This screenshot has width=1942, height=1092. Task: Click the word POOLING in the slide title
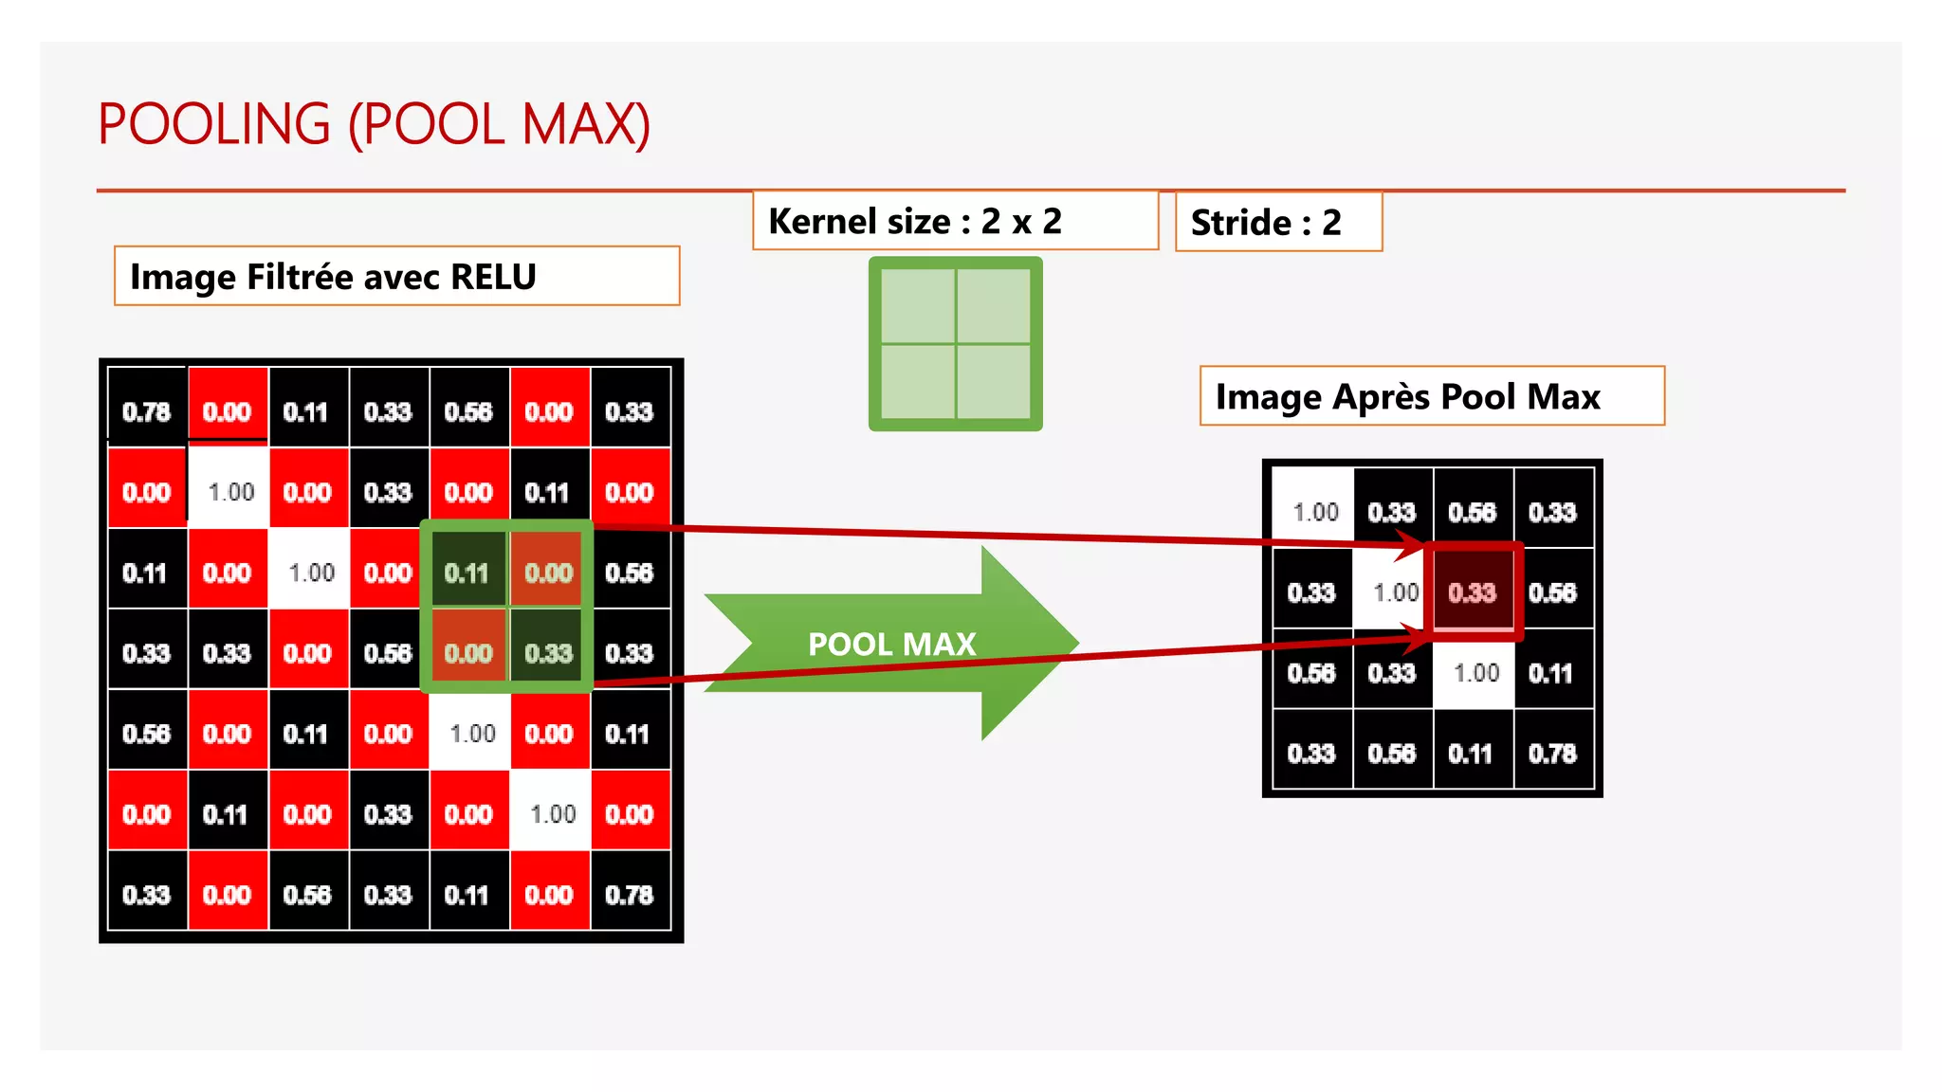[x=214, y=124]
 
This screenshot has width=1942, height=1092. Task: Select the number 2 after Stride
[x=1331, y=223]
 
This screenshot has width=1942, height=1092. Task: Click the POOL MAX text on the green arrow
[x=891, y=645]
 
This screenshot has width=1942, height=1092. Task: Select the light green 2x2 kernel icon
[x=955, y=343]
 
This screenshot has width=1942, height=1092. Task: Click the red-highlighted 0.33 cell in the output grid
[x=1473, y=592]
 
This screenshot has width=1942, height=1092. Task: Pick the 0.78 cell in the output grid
[x=1552, y=754]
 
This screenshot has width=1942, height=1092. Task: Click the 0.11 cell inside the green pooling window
[x=467, y=573]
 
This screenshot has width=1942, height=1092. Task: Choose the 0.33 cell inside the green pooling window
[x=549, y=654]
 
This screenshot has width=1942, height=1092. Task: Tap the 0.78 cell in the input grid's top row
[x=147, y=412]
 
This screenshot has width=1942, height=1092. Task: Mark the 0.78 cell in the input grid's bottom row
[x=630, y=895]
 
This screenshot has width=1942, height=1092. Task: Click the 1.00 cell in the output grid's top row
[x=1315, y=513]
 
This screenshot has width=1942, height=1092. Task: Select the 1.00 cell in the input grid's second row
[x=230, y=493]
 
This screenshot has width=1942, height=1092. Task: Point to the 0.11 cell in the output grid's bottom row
[x=1471, y=754]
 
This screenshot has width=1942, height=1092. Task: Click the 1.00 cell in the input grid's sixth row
[x=552, y=814]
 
